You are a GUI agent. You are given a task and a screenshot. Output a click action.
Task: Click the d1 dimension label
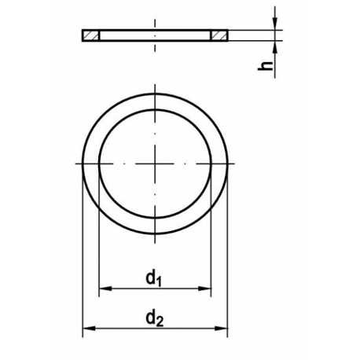click(154, 278)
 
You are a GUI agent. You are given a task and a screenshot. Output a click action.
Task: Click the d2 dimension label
click(155, 319)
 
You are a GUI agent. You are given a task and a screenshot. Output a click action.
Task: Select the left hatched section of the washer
click(91, 35)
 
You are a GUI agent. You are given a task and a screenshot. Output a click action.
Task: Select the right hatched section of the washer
click(219, 35)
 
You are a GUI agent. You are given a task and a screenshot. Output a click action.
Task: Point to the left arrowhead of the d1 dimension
click(105, 288)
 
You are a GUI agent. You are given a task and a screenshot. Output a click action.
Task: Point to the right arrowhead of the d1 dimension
click(204, 288)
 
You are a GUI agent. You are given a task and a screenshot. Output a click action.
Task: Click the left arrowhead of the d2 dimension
click(90, 329)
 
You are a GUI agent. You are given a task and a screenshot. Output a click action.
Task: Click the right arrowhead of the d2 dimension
click(221, 329)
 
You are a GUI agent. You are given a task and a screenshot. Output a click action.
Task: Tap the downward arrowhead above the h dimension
click(275, 24)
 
